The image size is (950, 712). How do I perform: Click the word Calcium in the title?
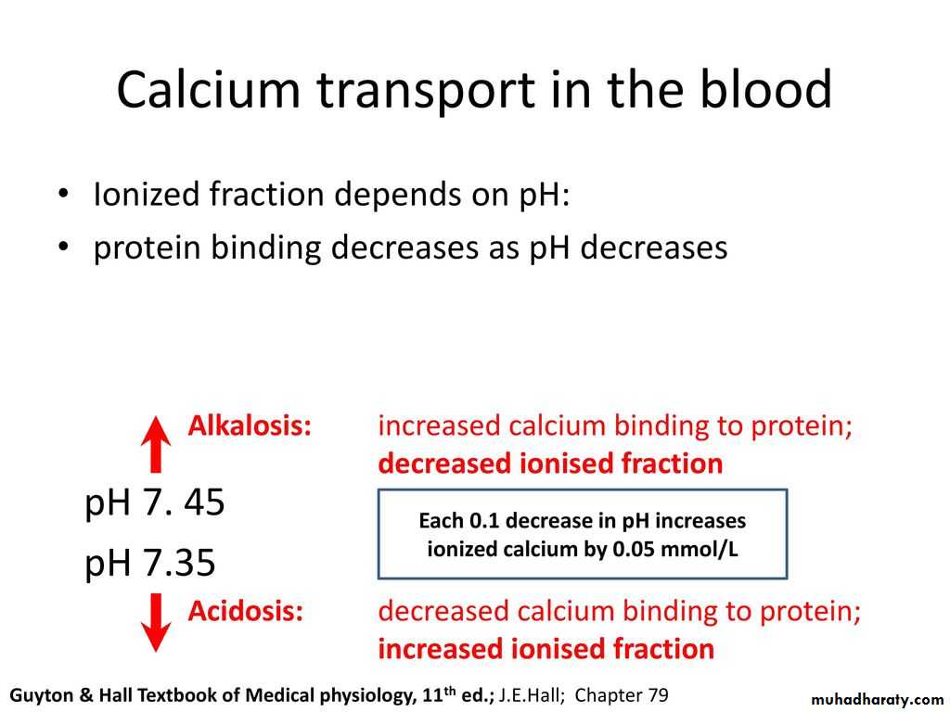[208, 89]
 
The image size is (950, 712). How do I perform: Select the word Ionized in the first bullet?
[147, 195]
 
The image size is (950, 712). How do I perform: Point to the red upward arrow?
[156, 444]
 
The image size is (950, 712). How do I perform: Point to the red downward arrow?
[156, 622]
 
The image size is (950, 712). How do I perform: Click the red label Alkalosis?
[250, 426]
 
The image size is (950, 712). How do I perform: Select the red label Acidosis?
[245, 611]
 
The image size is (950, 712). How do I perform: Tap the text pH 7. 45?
[155, 502]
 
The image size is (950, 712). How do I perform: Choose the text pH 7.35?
[149, 563]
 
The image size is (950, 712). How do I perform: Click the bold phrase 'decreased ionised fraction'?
[550, 464]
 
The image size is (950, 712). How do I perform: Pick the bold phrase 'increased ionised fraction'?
[546, 649]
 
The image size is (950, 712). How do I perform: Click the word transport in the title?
[426, 91]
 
